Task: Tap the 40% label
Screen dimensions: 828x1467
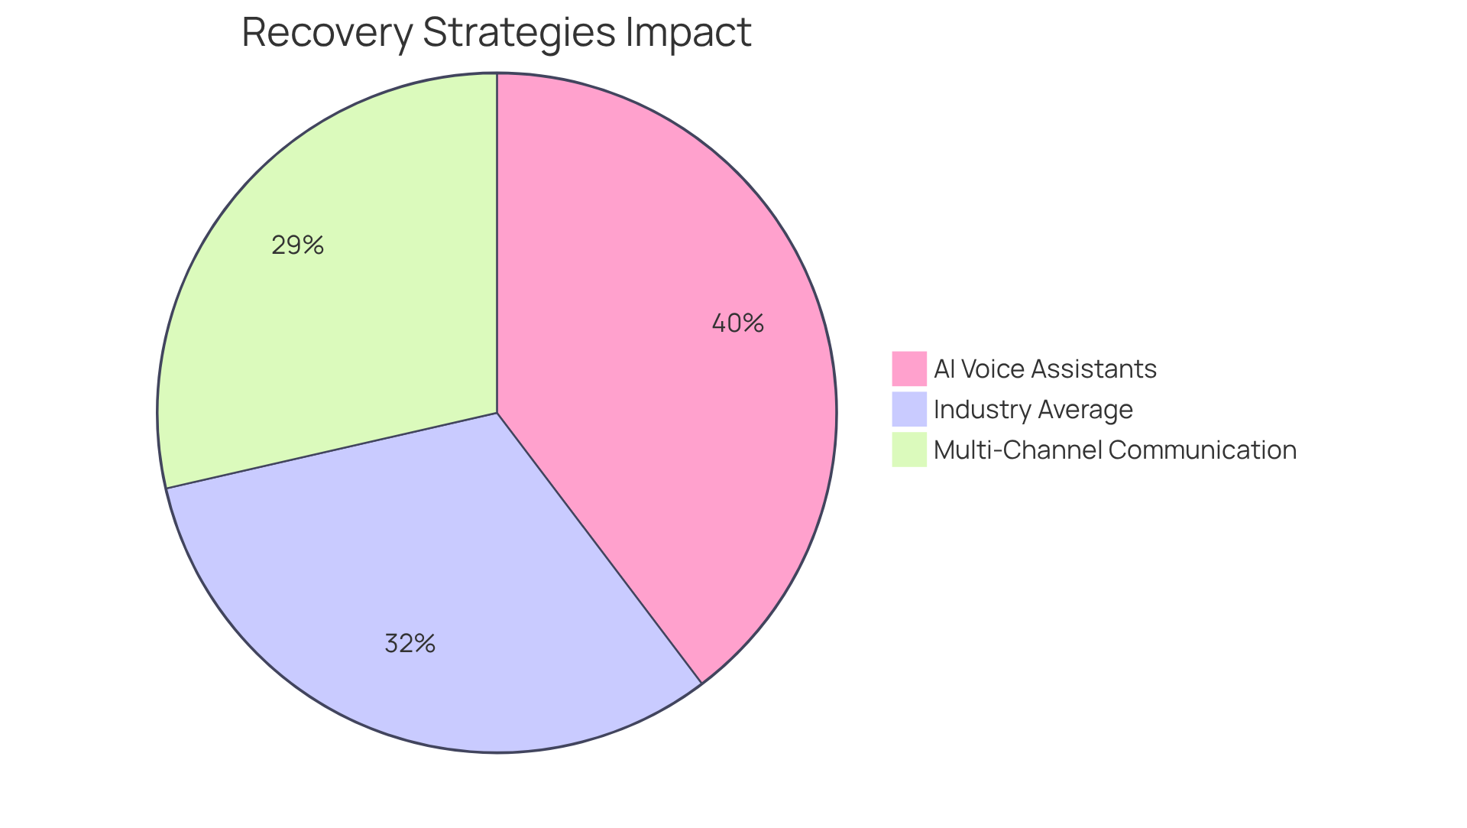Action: tap(737, 323)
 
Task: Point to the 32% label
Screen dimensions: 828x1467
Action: tap(410, 644)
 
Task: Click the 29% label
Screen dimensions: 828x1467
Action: tap(297, 245)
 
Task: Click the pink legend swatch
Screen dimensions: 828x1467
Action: tap(908, 369)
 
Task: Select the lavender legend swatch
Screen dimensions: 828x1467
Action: tap(908, 409)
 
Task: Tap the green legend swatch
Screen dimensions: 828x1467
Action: tap(908, 450)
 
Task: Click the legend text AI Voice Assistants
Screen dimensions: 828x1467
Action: tap(1044, 369)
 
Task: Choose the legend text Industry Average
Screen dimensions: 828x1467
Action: tap(1033, 410)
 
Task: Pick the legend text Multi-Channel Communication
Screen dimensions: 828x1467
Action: tap(1115, 450)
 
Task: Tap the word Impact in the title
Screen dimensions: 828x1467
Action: tap(688, 33)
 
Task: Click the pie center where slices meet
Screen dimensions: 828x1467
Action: tap(497, 413)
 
